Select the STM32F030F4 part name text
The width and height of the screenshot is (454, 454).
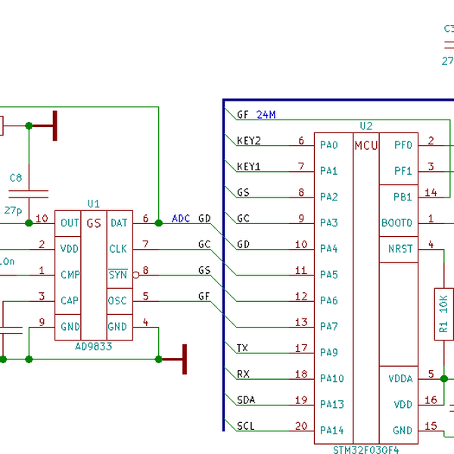tap(365, 449)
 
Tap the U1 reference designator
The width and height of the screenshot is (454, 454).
tap(93, 204)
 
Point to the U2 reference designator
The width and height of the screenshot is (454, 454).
tap(366, 126)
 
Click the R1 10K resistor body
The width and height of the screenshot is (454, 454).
tap(443, 313)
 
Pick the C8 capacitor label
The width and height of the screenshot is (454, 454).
tap(16, 178)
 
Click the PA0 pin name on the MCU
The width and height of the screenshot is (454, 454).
tap(328, 145)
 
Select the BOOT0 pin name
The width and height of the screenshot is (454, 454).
tap(398, 223)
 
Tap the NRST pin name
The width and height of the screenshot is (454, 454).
tap(400, 249)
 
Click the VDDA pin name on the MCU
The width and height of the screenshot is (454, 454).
tap(401, 378)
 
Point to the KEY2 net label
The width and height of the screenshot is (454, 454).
tap(248, 141)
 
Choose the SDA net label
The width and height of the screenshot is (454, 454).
tap(245, 400)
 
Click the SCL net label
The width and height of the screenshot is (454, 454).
tap(245, 425)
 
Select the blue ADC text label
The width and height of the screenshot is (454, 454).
tap(181, 219)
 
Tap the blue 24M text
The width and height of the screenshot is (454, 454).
tap(266, 115)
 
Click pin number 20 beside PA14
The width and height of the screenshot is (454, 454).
tap(301, 425)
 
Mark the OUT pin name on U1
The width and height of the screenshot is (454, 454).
tap(70, 223)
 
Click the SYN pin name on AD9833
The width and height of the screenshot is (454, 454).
tap(117, 275)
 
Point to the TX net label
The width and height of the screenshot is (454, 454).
tap(242, 348)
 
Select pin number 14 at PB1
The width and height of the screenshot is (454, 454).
tap(431, 193)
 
